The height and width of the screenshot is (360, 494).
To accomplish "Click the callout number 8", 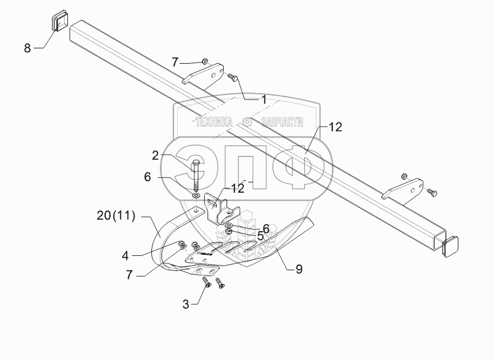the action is coord(27,48).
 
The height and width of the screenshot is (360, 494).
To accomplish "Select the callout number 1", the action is coord(263,99).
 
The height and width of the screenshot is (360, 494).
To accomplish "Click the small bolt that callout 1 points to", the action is coord(232,76).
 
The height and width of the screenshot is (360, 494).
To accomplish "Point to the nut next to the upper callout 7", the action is coord(204,61).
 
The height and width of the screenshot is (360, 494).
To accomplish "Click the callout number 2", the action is coord(155,155).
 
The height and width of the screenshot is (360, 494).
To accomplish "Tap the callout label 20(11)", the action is coord(116,216).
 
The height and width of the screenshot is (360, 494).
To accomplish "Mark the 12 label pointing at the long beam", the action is coord(335,128).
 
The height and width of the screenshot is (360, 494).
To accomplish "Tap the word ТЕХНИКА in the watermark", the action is coord(214,122).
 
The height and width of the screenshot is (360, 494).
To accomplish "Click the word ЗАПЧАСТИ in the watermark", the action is coord(282,122).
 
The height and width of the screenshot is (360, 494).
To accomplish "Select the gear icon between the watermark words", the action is coord(247,122).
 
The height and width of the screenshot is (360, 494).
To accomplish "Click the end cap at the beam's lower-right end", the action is coord(451,246).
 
